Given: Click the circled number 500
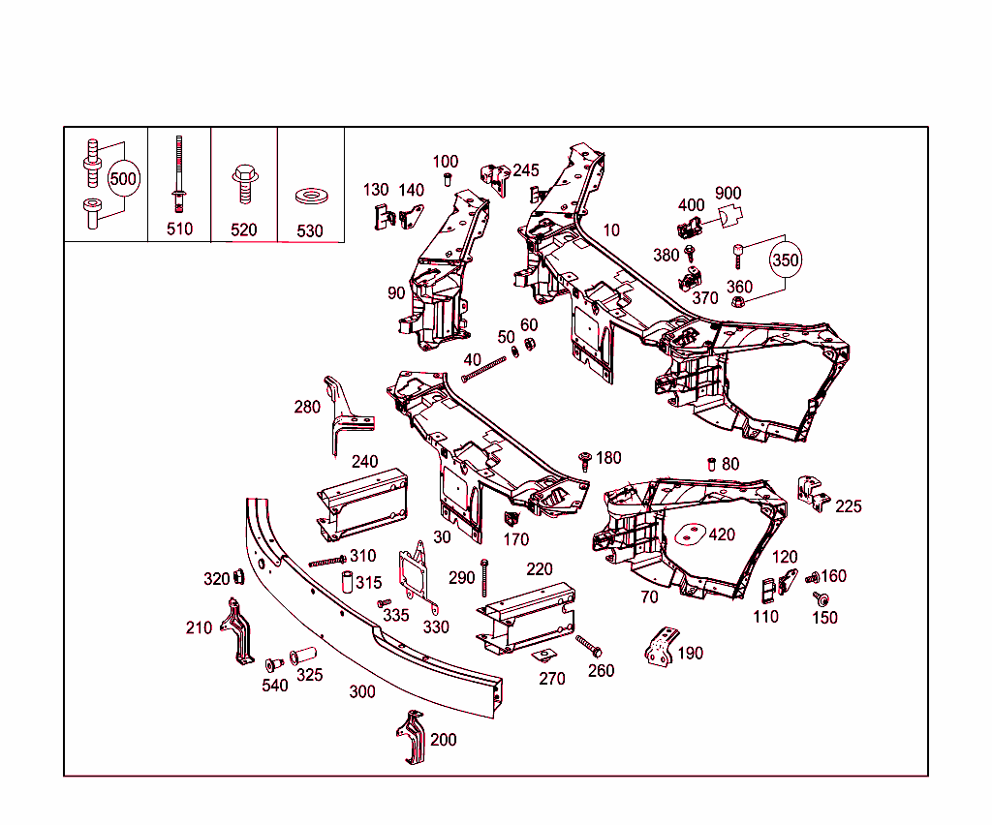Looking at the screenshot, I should pyautogui.click(x=123, y=179).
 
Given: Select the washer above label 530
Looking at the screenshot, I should pyautogui.click(x=311, y=197).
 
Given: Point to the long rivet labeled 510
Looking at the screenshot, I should pyautogui.click(x=179, y=174).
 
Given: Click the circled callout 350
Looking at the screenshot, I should pyautogui.click(x=786, y=260).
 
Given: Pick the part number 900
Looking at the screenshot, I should pyautogui.click(x=728, y=194).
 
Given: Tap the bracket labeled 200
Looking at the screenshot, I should pyautogui.click(x=412, y=739).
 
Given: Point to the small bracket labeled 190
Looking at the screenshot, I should pyautogui.click(x=660, y=646).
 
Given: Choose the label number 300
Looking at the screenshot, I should pyautogui.click(x=362, y=691).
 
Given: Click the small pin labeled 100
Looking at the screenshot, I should pyautogui.click(x=448, y=180).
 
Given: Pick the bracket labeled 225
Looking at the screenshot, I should pyautogui.click(x=811, y=493).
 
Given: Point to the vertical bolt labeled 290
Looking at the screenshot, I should pyautogui.click(x=483, y=577).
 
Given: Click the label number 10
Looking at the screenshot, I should pyautogui.click(x=611, y=230).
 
